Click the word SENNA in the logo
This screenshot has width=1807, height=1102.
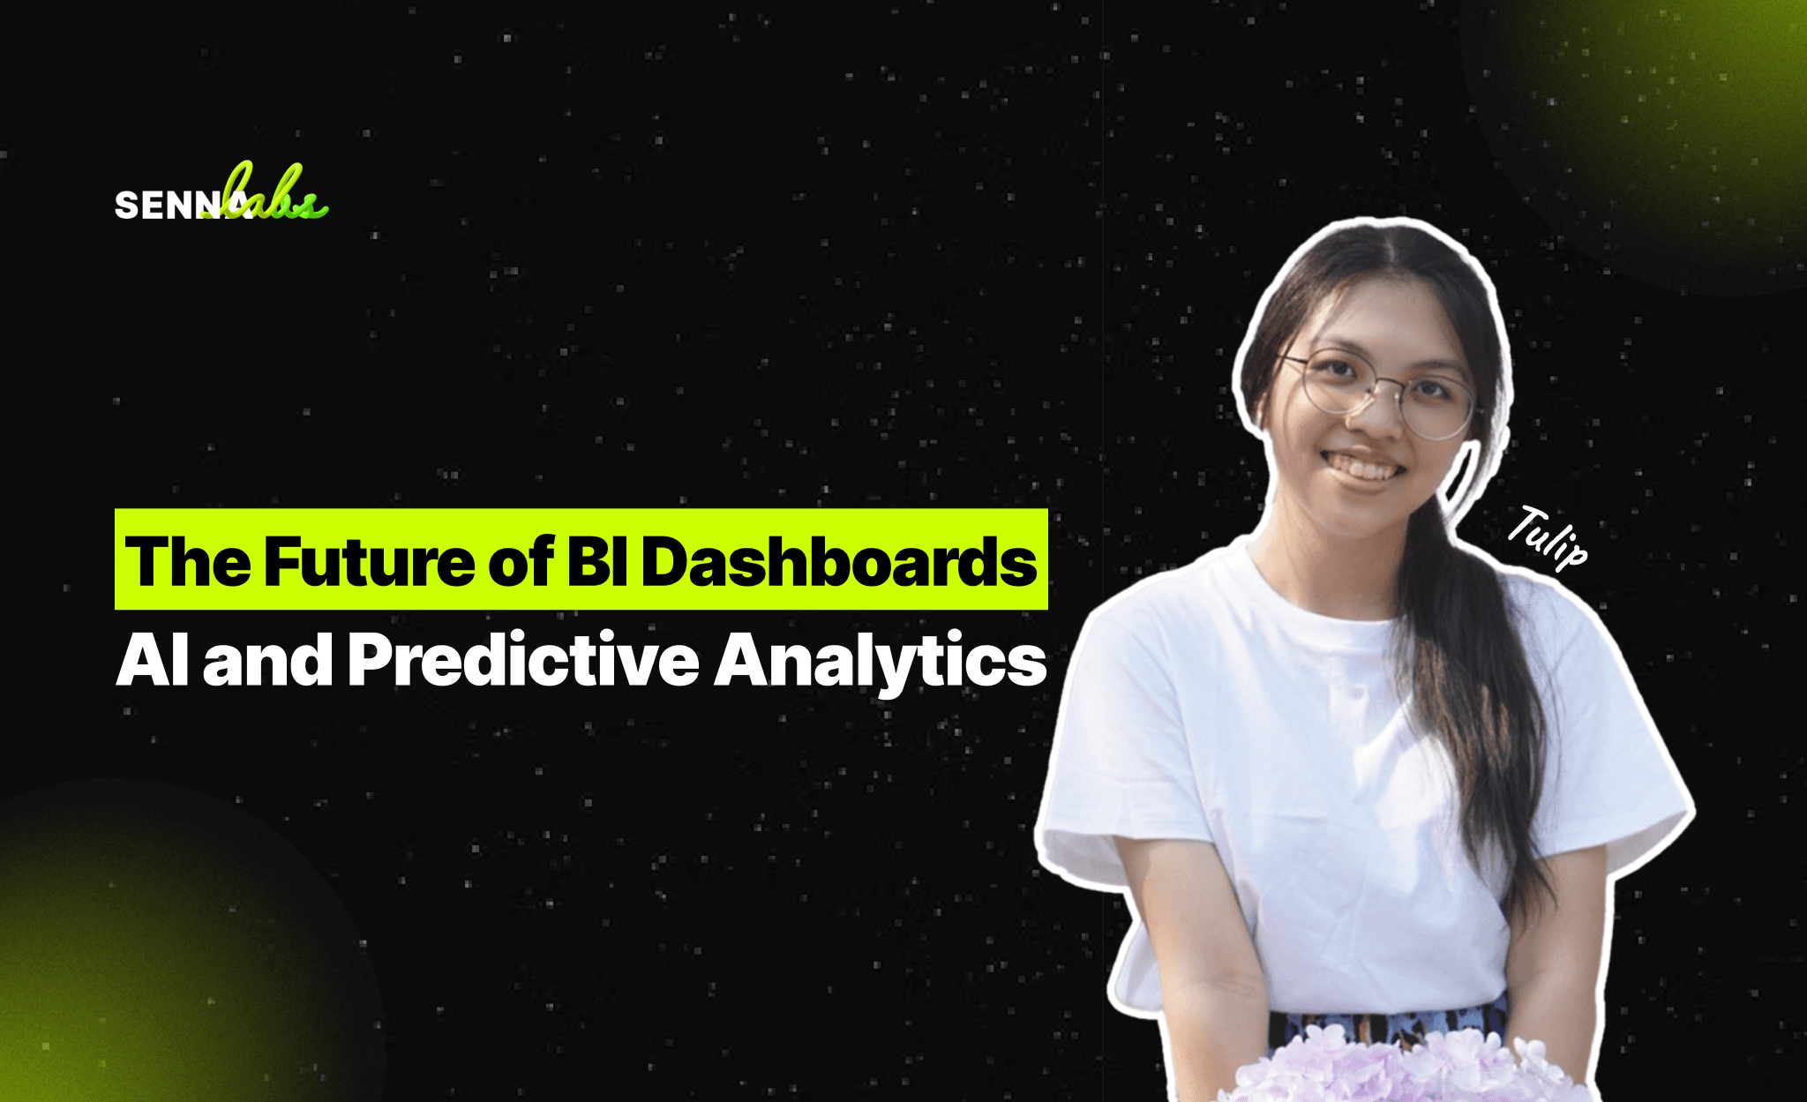tap(180, 206)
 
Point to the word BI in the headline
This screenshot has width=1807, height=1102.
tap(596, 561)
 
